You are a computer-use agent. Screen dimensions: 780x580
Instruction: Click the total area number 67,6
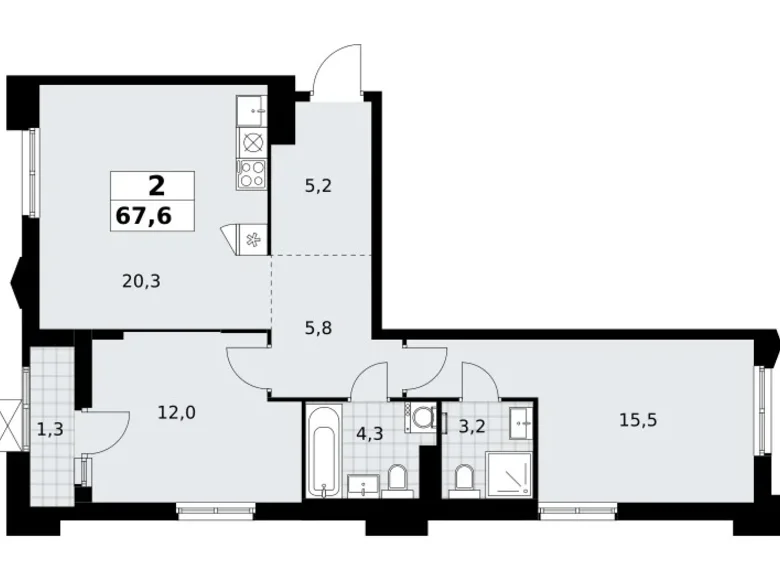point(144,216)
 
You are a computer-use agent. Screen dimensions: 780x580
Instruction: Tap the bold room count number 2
point(156,187)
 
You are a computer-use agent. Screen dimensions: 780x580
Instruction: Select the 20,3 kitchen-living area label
point(141,282)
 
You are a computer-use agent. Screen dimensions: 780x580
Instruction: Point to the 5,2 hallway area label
point(318,186)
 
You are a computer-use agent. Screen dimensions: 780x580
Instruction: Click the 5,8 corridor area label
point(319,328)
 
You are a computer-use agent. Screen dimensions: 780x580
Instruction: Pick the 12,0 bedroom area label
point(177,412)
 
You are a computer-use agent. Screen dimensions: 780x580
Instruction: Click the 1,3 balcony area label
point(50,429)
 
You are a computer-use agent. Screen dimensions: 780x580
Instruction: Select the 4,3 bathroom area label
point(370,433)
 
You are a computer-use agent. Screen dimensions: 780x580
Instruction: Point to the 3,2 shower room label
point(471,426)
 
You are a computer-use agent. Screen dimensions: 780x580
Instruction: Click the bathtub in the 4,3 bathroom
point(324,451)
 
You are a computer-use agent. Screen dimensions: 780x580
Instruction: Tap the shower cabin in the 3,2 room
point(508,475)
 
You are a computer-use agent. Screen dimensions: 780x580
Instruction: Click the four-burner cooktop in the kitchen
point(252,174)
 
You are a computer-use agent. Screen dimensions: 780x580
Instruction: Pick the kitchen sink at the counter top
point(252,111)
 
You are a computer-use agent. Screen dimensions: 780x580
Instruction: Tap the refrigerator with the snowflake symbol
point(253,240)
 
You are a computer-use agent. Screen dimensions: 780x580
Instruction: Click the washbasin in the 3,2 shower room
point(521,422)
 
